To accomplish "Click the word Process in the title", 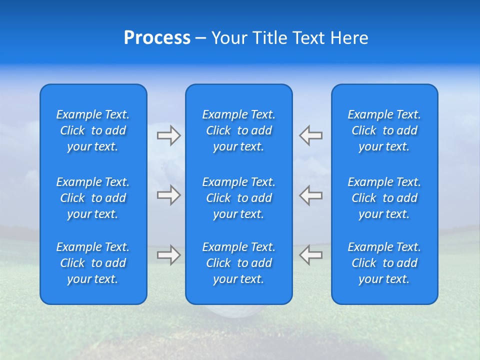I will (157, 38).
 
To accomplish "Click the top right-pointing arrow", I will (168, 135).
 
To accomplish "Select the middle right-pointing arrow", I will (168, 195).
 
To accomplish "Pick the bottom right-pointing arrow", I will (168, 255).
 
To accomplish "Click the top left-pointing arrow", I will (311, 135).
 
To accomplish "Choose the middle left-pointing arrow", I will (311, 195).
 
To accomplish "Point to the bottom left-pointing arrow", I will (311, 255).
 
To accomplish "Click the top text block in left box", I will (93, 130).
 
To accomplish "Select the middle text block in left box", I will (93, 198).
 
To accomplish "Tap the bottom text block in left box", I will (93, 263).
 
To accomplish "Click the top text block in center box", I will (239, 130).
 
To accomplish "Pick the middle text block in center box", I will (239, 198).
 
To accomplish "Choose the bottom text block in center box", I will (239, 263).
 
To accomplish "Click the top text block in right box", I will (384, 130).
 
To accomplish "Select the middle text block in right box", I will (384, 198).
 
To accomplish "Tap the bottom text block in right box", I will (384, 263).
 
